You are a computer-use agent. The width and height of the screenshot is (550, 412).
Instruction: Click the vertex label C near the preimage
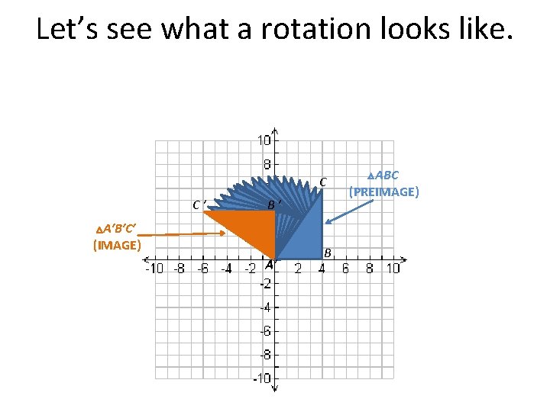pos(324,182)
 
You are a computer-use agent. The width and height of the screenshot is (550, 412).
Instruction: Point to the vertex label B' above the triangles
pos(275,204)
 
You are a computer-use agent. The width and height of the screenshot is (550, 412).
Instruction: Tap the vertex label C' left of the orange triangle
pos(200,204)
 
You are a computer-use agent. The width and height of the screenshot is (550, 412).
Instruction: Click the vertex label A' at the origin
pos(270,265)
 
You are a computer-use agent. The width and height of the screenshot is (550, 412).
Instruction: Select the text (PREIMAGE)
pos(384,192)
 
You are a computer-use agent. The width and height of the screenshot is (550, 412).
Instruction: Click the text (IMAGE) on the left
pos(117,245)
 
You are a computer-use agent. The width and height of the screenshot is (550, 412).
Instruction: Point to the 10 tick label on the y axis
pos(264,140)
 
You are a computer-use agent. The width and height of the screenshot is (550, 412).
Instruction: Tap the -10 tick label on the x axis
pos(155,268)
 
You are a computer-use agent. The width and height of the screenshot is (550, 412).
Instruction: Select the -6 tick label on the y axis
pos(264,331)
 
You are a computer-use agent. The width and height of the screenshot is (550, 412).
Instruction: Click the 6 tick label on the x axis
pos(345,268)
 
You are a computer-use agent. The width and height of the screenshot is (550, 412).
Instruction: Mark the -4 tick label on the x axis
pos(225,268)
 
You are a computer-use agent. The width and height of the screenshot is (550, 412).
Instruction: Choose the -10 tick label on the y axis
pos(262,379)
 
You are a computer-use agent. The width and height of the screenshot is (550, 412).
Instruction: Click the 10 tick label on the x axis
pos(393,268)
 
